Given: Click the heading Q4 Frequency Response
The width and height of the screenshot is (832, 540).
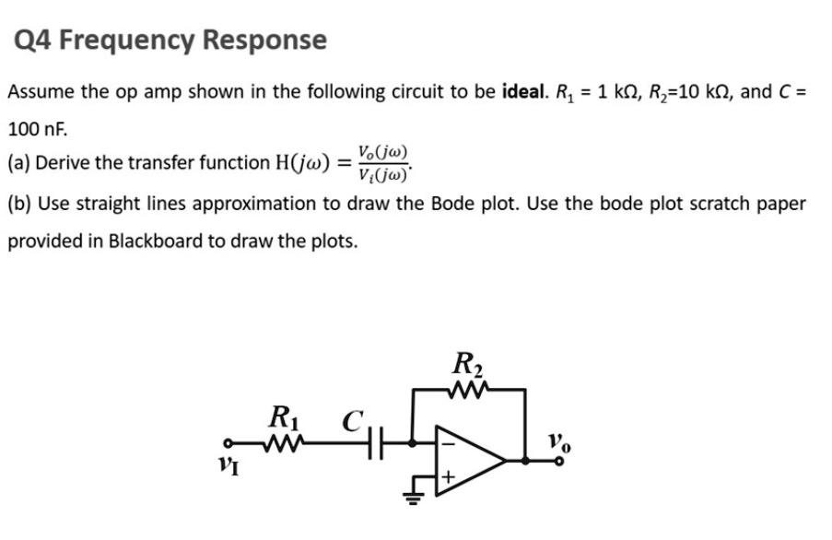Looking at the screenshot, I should (x=171, y=41).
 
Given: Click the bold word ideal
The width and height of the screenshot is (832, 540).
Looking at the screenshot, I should (x=522, y=92).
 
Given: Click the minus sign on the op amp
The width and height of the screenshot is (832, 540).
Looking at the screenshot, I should (x=450, y=440).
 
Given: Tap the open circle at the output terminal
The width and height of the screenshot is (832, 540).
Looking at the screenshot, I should (x=557, y=460).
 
